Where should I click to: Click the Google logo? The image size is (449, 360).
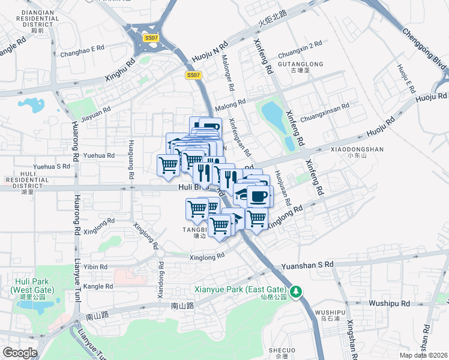(20, 353)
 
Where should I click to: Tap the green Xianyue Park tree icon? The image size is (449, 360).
(295, 292)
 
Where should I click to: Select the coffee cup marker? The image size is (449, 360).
(259, 197)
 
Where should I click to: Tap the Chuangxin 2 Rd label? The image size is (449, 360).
(300, 44)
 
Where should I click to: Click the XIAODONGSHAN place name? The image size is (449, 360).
(357, 150)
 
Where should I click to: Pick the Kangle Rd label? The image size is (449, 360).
(98, 286)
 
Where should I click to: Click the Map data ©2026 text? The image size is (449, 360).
(423, 355)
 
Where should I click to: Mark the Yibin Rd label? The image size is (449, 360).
(95, 267)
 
